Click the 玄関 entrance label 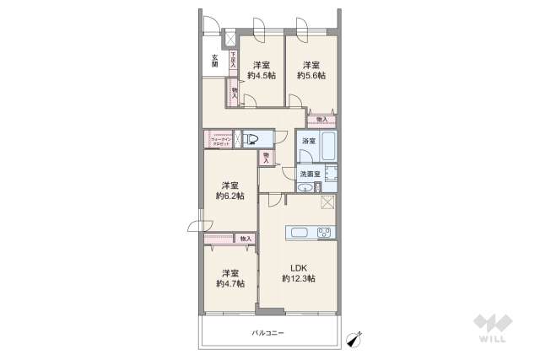click(215, 61)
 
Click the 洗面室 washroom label click(309, 174)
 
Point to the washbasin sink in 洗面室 click(304, 187)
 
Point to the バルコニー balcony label click(268, 333)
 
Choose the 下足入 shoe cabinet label click(232, 61)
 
